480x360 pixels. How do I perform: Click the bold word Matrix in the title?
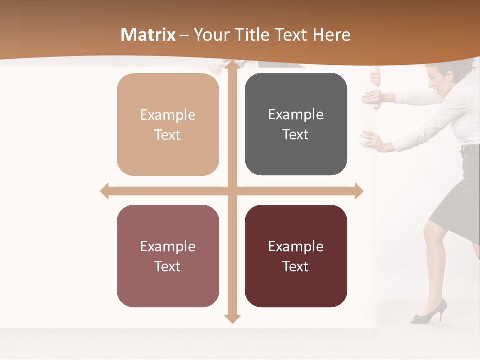(x=148, y=35)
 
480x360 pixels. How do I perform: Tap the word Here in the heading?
(x=331, y=35)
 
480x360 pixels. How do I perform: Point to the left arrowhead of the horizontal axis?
(x=105, y=191)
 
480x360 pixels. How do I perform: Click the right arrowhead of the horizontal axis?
(x=359, y=191)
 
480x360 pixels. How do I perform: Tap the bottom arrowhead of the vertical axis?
(x=232, y=318)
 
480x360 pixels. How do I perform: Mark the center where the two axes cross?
(x=232, y=191)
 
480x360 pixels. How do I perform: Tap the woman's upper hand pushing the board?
(x=373, y=96)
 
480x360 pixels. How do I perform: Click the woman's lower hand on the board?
(x=371, y=140)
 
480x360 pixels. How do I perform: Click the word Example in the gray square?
(x=296, y=115)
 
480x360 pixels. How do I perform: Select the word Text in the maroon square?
(x=296, y=266)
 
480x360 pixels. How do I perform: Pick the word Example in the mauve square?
(x=168, y=246)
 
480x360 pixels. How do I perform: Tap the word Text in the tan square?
(x=168, y=135)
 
